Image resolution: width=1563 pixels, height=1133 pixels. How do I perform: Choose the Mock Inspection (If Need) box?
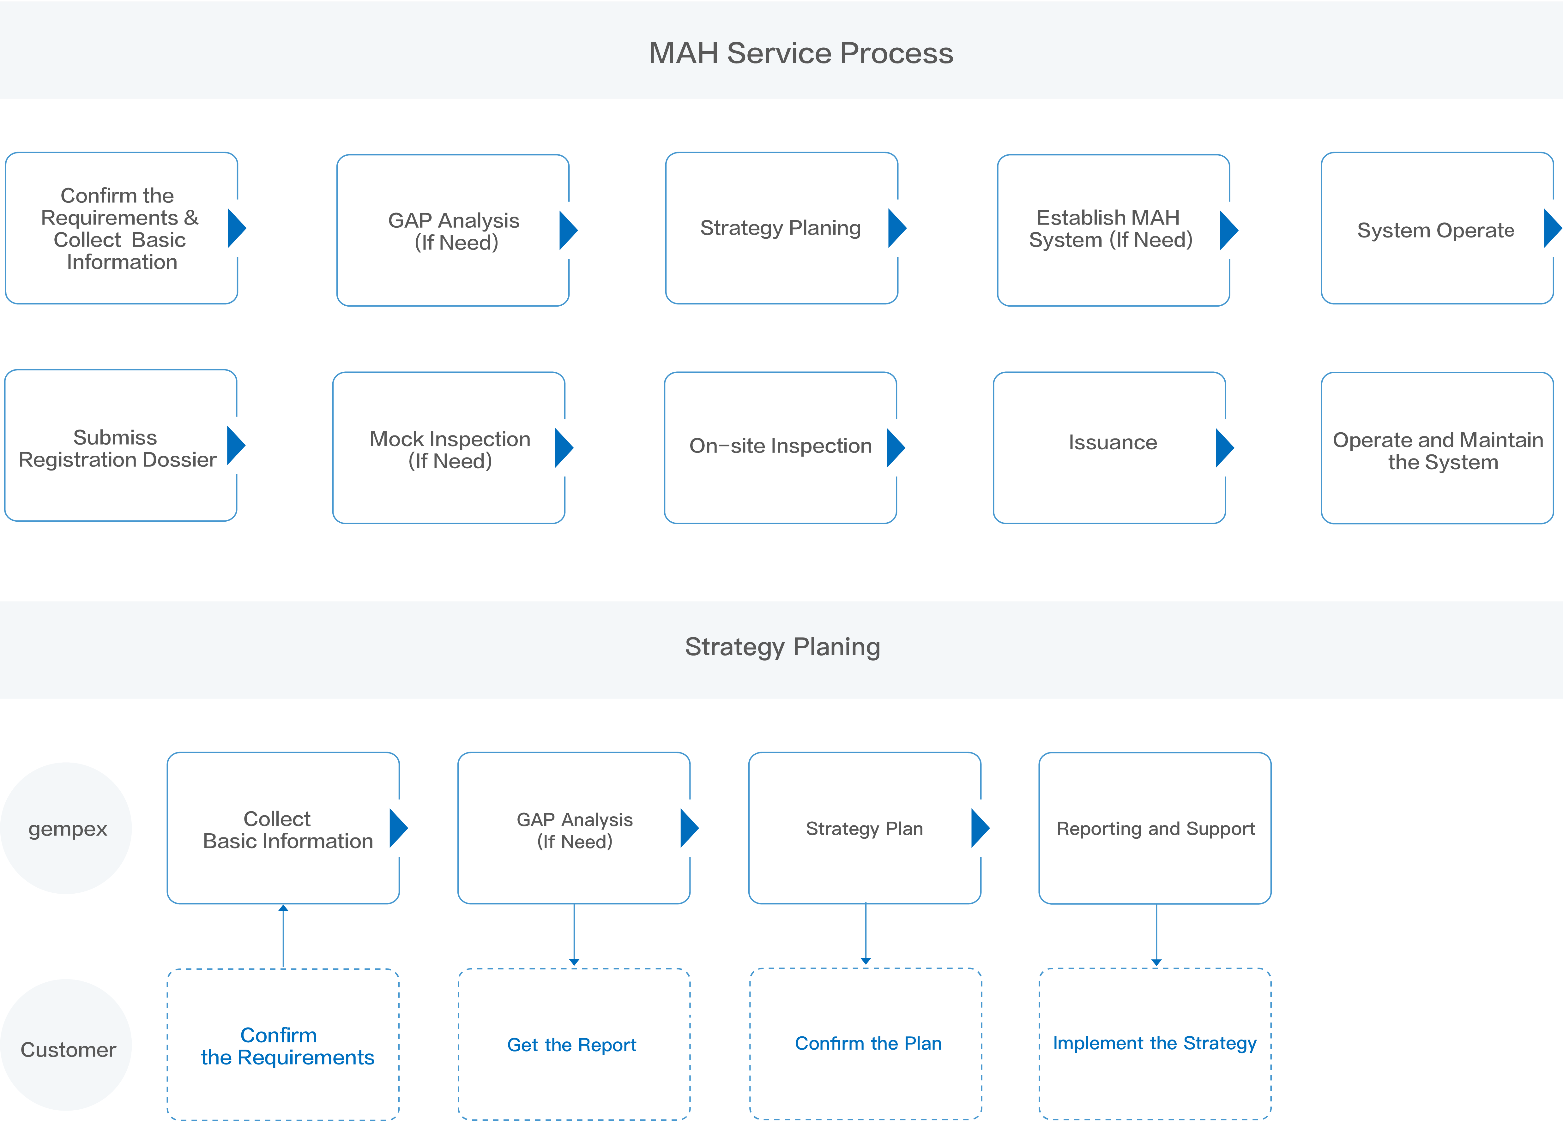[x=449, y=448]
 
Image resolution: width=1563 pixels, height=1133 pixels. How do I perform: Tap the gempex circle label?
[x=67, y=829]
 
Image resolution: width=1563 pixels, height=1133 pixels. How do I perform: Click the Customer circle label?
[x=67, y=1049]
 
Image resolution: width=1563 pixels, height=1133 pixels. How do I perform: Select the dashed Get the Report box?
[x=573, y=1044]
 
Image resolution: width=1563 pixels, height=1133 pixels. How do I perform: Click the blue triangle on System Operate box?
[x=1553, y=228]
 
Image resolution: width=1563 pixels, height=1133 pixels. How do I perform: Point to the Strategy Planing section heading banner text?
[x=782, y=647]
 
